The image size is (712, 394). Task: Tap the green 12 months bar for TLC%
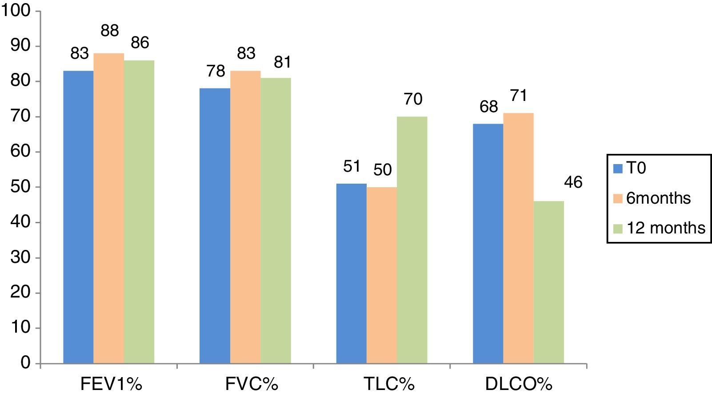tap(412, 240)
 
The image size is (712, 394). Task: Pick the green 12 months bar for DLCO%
tap(548, 282)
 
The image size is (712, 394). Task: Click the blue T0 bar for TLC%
tap(351, 273)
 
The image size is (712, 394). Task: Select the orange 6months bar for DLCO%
tap(518, 238)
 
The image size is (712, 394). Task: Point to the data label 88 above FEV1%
tap(109, 31)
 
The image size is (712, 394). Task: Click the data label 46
tap(572, 182)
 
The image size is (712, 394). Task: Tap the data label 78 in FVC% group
tap(216, 71)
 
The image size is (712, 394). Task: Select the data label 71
tap(518, 96)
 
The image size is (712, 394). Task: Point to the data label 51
tap(352, 166)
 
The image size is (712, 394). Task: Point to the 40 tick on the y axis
tap(21, 222)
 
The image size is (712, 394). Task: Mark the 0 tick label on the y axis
tap(26, 363)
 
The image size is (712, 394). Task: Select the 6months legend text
tap(658, 198)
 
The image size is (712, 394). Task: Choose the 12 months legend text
tap(665, 228)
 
